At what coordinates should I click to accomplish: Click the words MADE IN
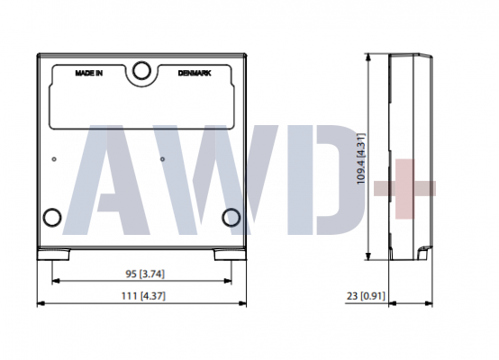click(x=88, y=73)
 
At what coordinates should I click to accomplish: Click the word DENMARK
click(x=195, y=73)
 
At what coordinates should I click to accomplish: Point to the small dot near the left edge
click(x=55, y=160)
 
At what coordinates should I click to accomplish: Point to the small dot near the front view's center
click(x=162, y=160)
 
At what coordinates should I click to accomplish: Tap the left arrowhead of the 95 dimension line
click(x=55, y=281)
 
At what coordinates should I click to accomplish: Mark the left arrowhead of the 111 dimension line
click(x=41, y=302)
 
